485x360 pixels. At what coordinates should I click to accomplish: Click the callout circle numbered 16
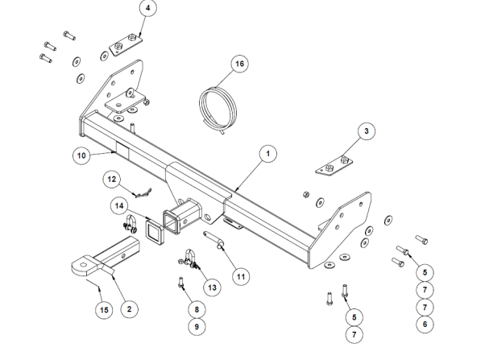(238, 62)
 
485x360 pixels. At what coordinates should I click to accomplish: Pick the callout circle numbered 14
(120, 206)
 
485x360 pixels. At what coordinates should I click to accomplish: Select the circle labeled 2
(126, 308)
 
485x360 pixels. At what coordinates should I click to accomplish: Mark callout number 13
(212, 287)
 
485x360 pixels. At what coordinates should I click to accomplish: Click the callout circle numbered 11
(238, 276)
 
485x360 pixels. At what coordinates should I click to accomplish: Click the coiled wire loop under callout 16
(217, 105)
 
